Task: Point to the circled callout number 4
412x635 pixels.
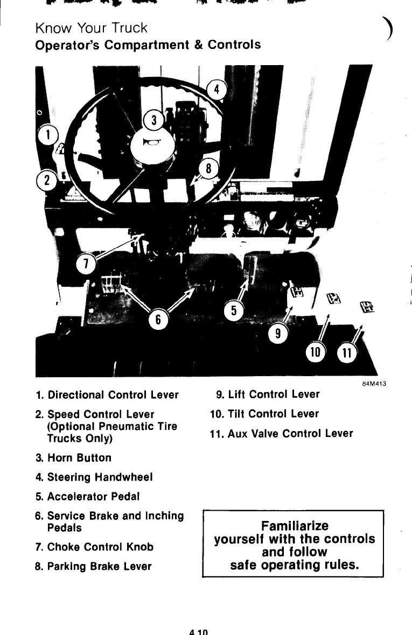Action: [x=217, y=90]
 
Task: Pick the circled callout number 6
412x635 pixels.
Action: [x=158, y=320]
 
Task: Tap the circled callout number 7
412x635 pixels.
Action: [x=85, y=265]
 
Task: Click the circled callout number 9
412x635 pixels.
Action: [x=278, y=334]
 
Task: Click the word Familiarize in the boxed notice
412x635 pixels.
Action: [x=294, y=525]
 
